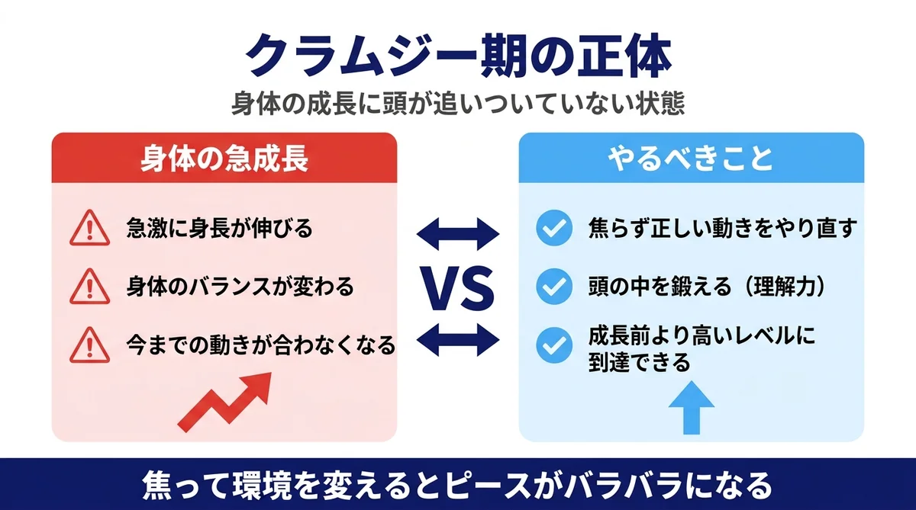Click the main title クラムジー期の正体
pos(458,56)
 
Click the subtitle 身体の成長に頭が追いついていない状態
pos(458,104)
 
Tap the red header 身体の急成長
pos(224,159)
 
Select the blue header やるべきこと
pos(691,159)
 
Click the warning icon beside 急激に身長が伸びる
pos(85,229)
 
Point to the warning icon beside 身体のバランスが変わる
pos(85,287)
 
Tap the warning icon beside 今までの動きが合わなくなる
pos(85,346)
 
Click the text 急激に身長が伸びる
pos(220,229)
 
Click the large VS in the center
pos(457,288)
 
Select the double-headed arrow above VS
pos(457,233)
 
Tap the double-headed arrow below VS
pos(457,340)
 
